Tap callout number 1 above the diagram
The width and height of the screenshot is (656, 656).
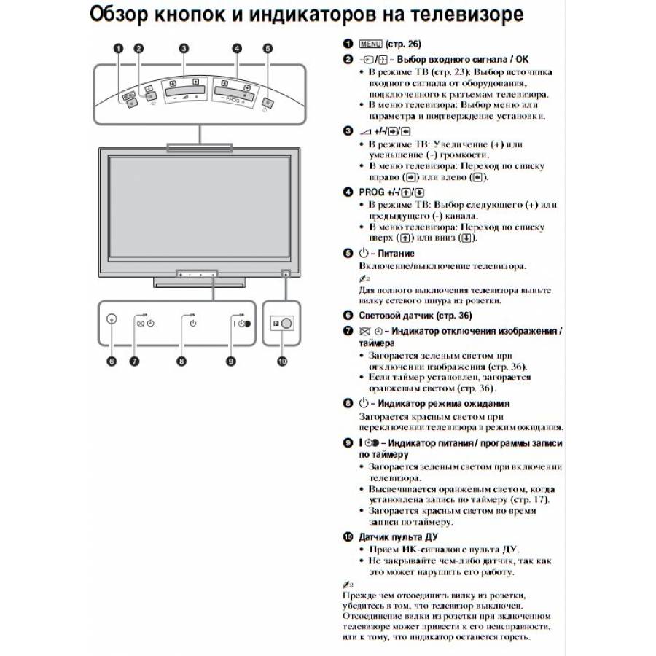pyautogui.click(x=119, y=49)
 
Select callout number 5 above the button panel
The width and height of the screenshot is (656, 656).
pyautogui.click(x=268, y=49)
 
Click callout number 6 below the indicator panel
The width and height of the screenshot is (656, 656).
pyautogui.click(x=112, y=361)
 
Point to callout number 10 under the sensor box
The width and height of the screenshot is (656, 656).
pyautogui.click(x=282, y=361)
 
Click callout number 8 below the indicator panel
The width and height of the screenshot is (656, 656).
pyautogui.click(x=181, y=361)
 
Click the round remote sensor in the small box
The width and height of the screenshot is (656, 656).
pyautogui.click(x=286, y=324)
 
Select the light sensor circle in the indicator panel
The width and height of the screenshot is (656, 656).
pyautogui.click(x=112, y=319)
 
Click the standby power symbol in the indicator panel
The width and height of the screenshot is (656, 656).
pyautogui.click(x=193, y=324)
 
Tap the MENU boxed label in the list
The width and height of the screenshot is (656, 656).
pyautogui.click(x=371, y=44)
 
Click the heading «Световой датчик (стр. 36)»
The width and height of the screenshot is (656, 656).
pyautogui.click(x=415, y=316)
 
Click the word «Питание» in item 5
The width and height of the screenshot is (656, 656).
pyautogui.click(x=396, y=253)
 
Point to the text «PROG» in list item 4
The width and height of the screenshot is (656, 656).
pyautogui.click(x=372, y=192)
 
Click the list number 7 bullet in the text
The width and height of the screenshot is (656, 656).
pyautogui.click(x=348, y=331)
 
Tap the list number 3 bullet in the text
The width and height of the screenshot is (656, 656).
pyautogui.click(x=348, y=131)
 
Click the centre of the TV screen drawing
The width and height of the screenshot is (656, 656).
pyautogui.click(x=200, y=208)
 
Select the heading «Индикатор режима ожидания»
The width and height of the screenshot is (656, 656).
pyautogui.click(x=443, y=403)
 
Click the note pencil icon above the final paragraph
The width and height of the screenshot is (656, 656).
pyautogui.click(x=348, y=585)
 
